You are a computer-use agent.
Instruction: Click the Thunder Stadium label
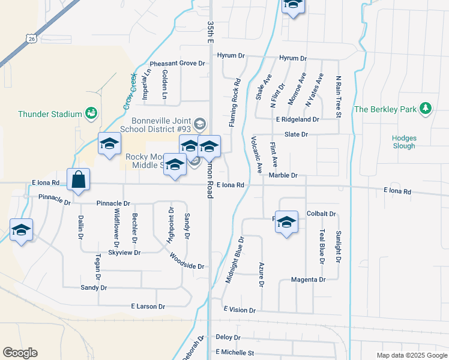click(x=50, y=114)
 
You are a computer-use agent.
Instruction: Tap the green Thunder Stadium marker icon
click(x=91, y=112)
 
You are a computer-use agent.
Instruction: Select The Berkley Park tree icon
click(x=426, y=108)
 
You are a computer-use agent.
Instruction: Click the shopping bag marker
click(x=79, y=179)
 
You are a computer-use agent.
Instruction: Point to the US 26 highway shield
click(x=30, y=38)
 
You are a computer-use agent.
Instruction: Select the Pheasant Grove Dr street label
click(x=177, y=63)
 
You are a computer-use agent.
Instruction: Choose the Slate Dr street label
click(x=296, y=134)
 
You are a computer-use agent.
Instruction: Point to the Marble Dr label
click(x=283, y=176)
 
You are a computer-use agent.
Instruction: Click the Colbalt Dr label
click(x=321, y=214)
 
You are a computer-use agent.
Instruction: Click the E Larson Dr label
click(x=143, y=307)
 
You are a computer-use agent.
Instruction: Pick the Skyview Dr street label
click(x=124, y=253)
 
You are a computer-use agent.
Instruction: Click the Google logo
click(x=20, y=353)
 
